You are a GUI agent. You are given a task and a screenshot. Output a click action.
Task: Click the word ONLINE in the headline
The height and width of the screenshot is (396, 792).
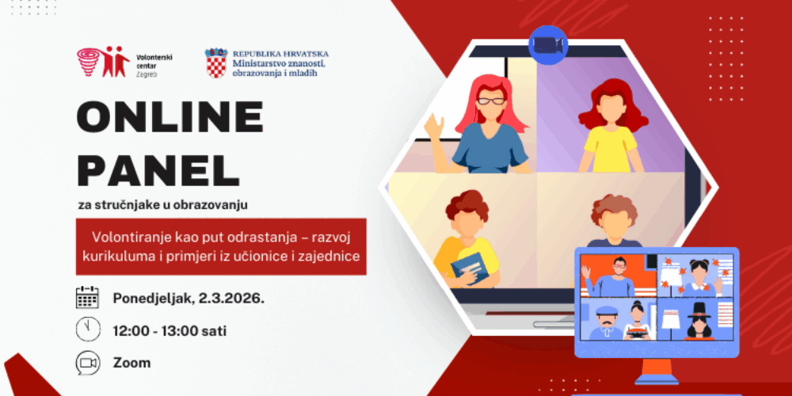tap(169, 116)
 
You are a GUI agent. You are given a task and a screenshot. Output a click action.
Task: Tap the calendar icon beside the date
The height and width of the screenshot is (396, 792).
tap(87, 298)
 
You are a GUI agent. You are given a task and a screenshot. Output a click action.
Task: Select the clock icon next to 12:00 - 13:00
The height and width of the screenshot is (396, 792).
tap(88, 329)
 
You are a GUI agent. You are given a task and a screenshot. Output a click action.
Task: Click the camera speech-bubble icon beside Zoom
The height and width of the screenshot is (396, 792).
tap(87, 362)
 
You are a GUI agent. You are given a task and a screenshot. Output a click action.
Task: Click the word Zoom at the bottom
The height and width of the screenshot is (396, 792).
tap(131, 363)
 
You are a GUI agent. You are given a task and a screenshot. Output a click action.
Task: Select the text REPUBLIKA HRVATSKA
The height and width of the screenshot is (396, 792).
tap(280, 54)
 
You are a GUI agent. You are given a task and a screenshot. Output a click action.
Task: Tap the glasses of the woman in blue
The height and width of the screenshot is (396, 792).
tap(491, 101)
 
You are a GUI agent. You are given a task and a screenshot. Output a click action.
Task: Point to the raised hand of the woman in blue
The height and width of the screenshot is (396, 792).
tap(434, 126)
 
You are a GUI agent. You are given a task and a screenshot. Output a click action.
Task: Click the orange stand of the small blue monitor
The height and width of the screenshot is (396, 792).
tap(657, 371)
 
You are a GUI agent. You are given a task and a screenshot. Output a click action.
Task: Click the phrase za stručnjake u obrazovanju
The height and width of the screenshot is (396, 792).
tap(162, 206)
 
